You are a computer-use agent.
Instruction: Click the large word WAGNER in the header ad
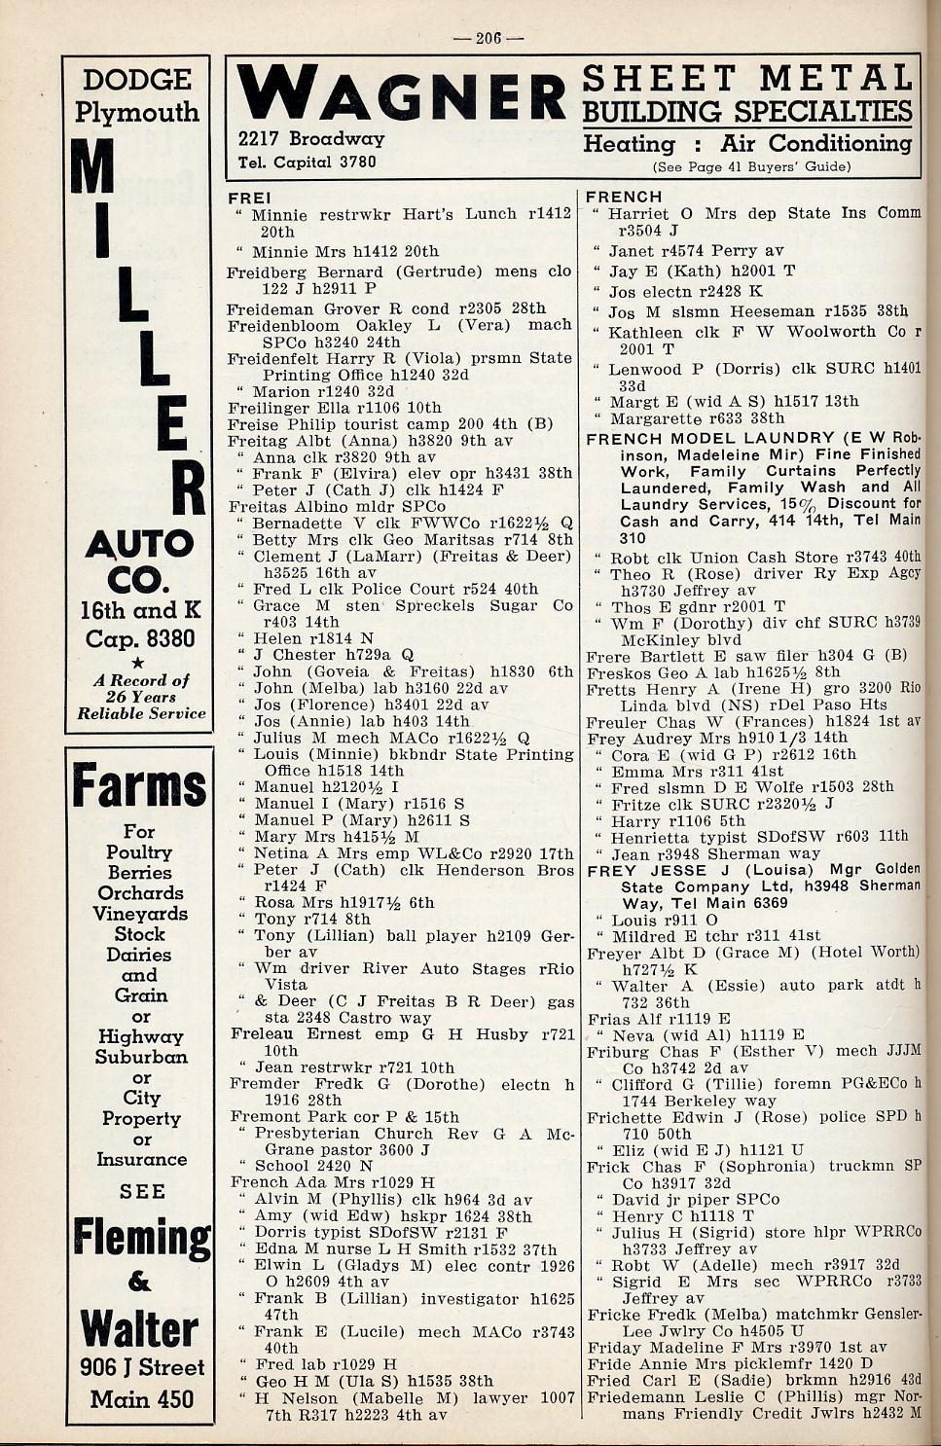click(402, 97)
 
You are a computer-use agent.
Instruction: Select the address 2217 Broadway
click(311, 139)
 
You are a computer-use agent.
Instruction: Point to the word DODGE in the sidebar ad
click(137, 80)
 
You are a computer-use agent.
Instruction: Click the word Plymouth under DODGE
click(137, 112)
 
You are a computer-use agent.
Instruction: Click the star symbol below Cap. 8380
click(139, 662)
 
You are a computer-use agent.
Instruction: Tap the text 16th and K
click(140, 610)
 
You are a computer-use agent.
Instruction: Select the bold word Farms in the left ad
click(139, 787)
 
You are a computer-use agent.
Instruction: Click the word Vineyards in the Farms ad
click(139, 913)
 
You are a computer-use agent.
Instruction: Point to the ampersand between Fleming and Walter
click(140, 1282)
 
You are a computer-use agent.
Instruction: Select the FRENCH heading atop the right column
click(624, 198)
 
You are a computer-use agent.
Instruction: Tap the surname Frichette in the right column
click(625, 1116)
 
